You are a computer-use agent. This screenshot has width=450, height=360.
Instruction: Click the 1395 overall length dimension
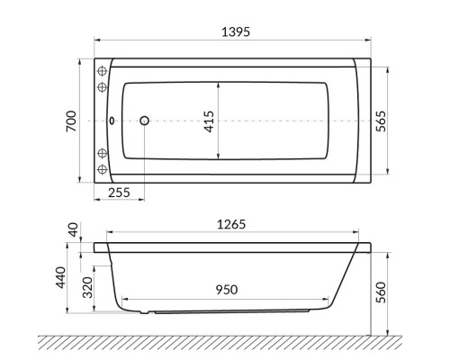(233, 31)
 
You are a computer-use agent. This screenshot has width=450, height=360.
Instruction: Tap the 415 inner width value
(208, 121)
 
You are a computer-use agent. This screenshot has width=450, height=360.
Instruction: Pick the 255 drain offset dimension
(119, 192)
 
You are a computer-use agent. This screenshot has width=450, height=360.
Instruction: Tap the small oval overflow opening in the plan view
(112, 121)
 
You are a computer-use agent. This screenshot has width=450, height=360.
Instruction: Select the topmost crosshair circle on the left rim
(102, 70)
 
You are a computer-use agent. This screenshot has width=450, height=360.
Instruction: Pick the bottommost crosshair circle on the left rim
(102, 171)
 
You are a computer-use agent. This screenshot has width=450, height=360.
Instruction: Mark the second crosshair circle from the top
(102, 87)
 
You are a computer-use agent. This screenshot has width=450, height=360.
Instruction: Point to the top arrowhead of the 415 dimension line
(219, 82)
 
